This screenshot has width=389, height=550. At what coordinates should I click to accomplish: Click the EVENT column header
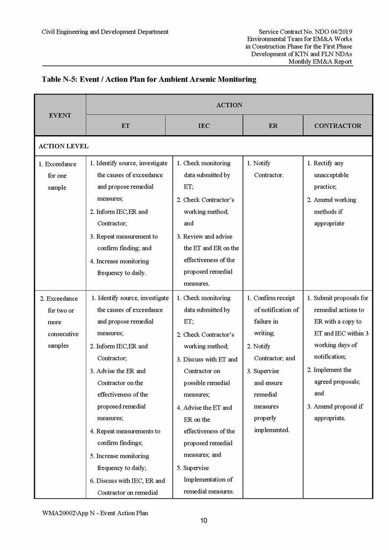point(60,116)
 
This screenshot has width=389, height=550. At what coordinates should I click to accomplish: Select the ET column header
point(125,126)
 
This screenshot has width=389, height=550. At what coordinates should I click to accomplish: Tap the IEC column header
point(204,126)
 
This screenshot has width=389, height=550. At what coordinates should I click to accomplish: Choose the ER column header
point(273,126)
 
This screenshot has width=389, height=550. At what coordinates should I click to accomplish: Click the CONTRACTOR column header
point(338,126)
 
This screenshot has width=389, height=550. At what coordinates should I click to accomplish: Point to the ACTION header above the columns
point(229,105)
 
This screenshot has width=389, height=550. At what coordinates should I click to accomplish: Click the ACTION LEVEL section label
point(64,146)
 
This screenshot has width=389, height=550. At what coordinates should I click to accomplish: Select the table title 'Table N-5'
point(149,79)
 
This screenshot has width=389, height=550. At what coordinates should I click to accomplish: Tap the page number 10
point(203,521)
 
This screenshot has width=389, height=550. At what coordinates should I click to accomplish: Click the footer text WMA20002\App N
point(95,513)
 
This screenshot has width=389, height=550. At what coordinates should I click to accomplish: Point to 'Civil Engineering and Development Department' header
point(105,32)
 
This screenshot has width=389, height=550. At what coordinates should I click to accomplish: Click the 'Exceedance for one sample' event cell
point(57,176)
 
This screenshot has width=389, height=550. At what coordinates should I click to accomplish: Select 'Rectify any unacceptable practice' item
point(331,175)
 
